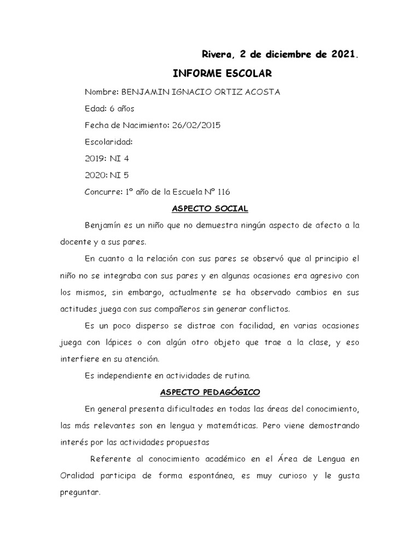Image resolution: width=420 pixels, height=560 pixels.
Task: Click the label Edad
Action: pyautogui.click(x=95, y=108)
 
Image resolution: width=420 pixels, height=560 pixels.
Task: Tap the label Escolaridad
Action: pyautogui.click(x=109, y=142)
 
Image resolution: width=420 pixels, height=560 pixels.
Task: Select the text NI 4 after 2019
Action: pyautogui.click(x=120, y=159)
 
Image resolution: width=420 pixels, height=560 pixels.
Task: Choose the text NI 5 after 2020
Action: pyautogui.click(x=120, y=176)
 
